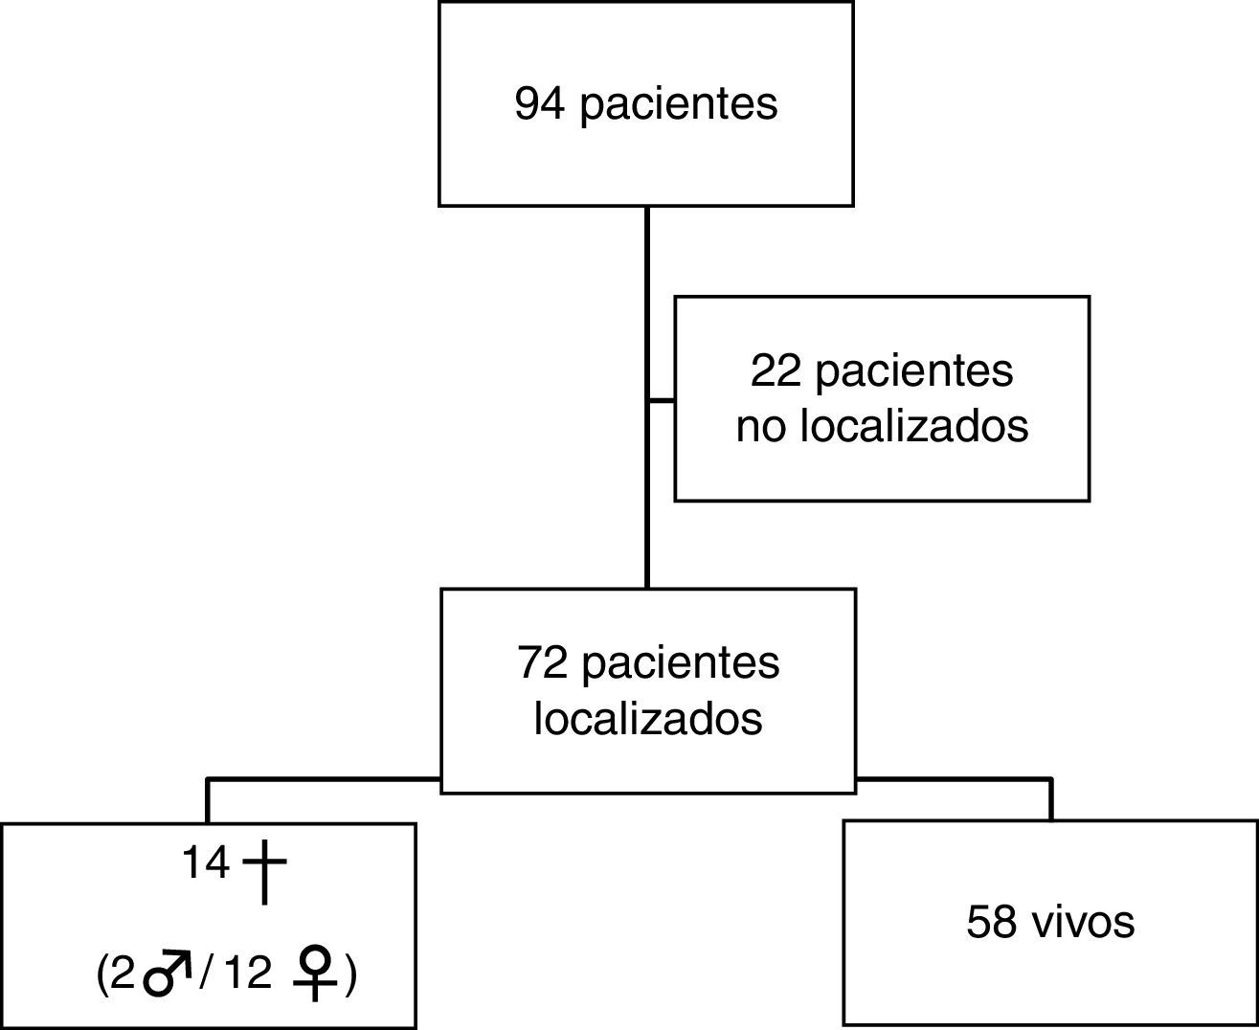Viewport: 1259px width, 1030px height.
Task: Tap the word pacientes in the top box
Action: tap(679, 104)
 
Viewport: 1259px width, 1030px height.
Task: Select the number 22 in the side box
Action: tap(776, 370)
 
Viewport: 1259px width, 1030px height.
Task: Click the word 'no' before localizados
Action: tap(760, 426)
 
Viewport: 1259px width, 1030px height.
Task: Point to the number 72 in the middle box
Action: tap(543, 662)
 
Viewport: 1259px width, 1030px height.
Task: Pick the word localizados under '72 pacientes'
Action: tap(648, 719)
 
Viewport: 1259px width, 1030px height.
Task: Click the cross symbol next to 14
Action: tap(264, 872)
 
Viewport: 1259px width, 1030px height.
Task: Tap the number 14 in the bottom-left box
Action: tap(206, 864)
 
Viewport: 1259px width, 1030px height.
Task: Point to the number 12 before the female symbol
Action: tap(251, 974)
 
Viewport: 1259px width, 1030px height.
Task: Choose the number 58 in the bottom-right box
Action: tap(991, 923)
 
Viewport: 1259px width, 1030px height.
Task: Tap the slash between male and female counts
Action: tap(206, 974)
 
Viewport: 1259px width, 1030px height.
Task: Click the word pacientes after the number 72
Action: tap(681, 662)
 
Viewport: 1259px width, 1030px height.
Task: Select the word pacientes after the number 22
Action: tap(913, 370)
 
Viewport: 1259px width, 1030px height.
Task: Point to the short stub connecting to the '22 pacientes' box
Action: tap(662, 399)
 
